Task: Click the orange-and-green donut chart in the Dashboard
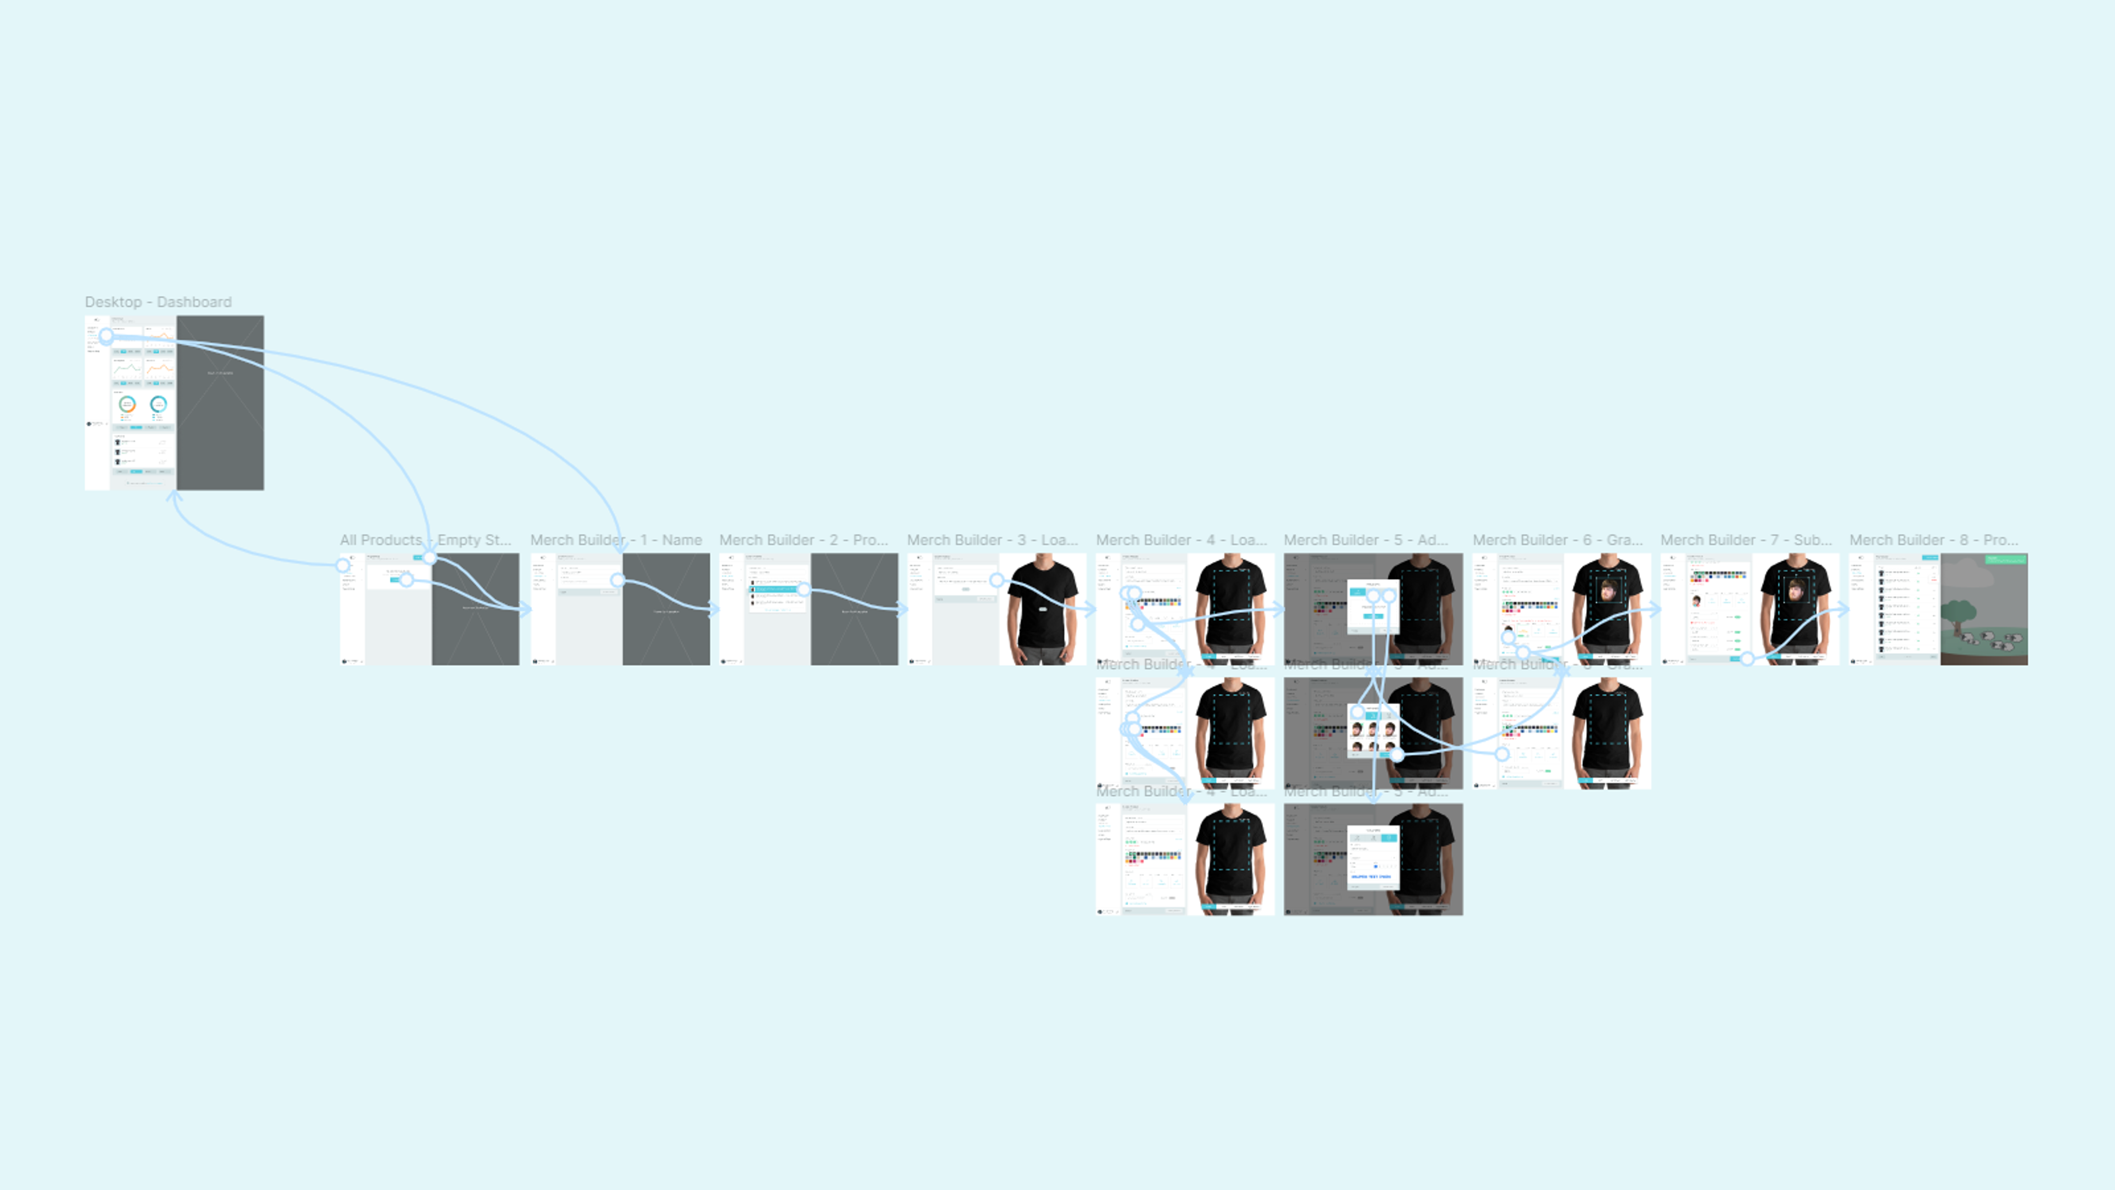[x=127, y=404]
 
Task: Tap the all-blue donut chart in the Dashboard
[x=159, y=403]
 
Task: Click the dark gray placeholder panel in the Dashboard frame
[x=220, y=410]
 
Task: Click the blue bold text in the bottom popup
[x=1371, y=877]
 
